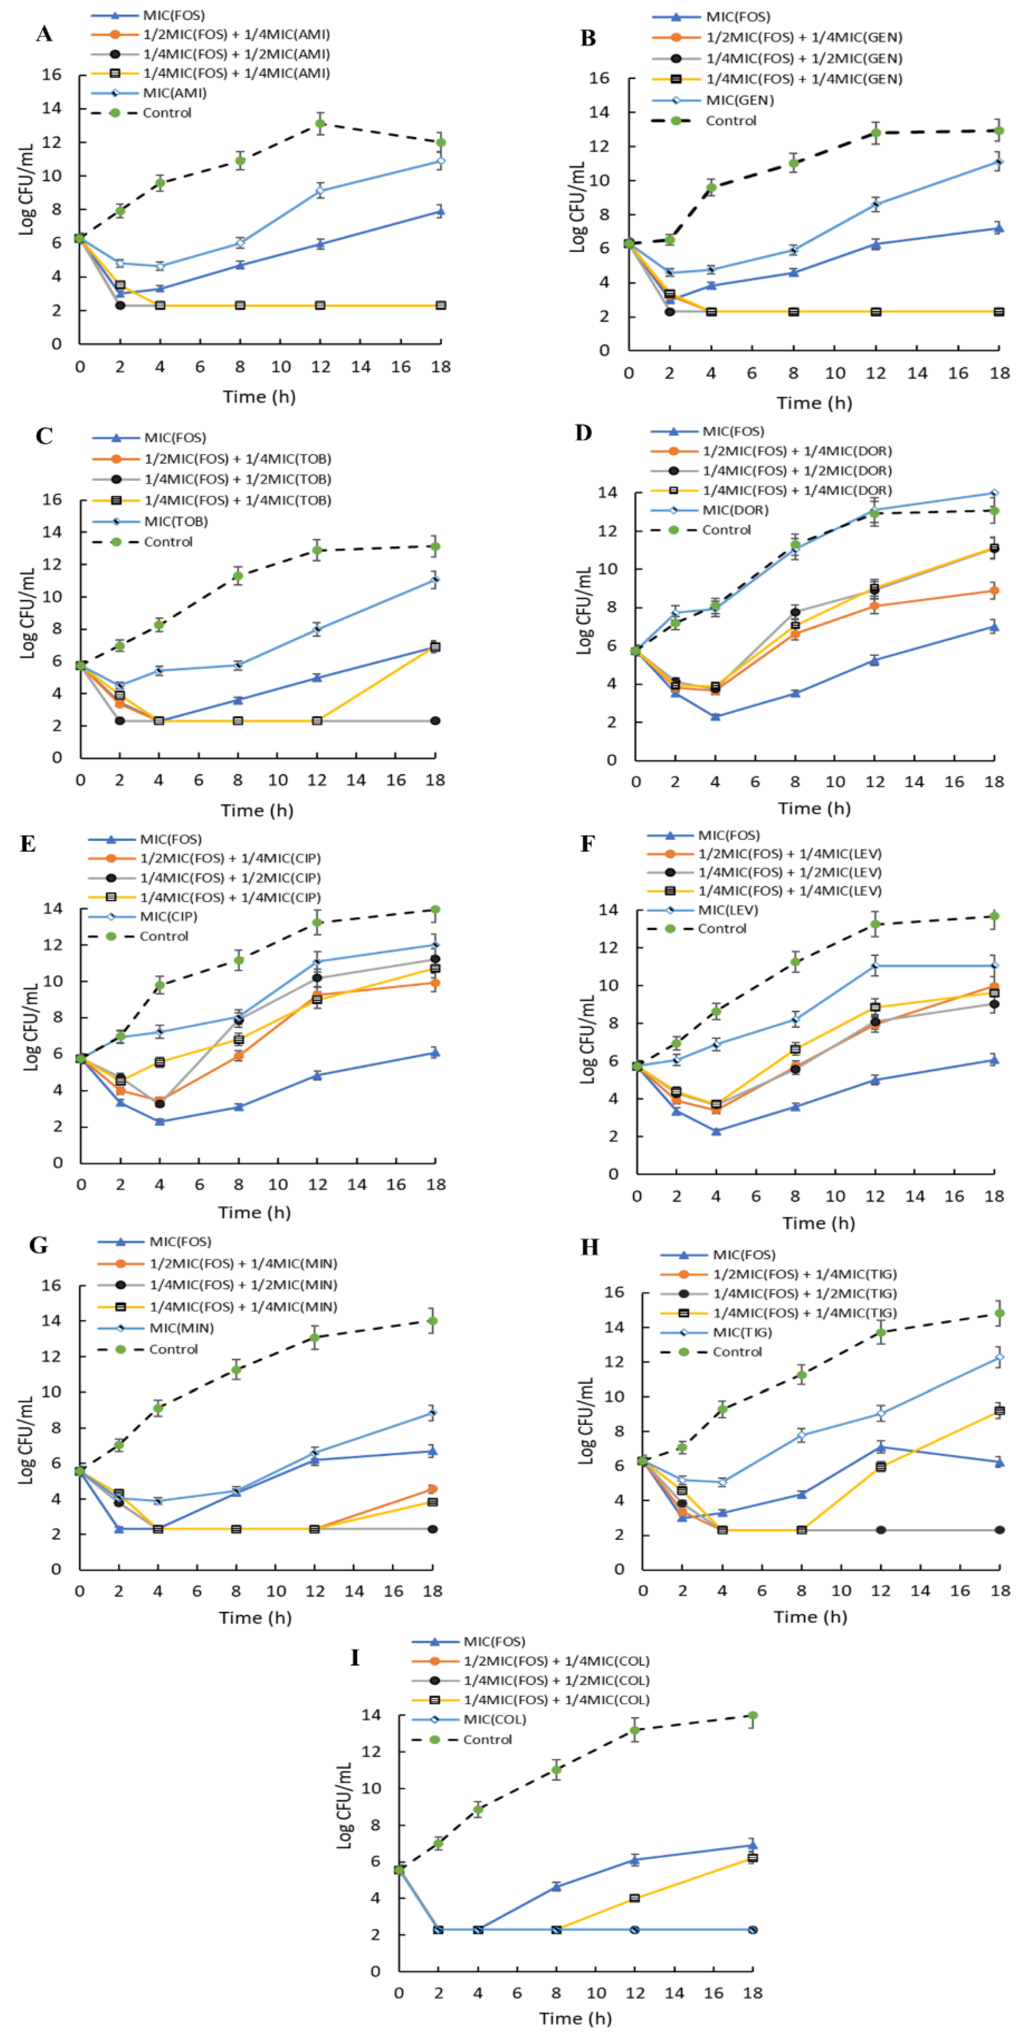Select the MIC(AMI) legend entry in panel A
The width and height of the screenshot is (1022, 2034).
click(175, 93)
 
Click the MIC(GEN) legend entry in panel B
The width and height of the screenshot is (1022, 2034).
click(740, 100)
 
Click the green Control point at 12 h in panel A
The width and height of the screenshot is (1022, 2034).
click(320, 123)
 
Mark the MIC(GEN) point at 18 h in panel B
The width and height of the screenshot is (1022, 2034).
click(999, 162)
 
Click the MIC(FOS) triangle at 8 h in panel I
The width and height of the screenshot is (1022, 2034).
click(556, 1886)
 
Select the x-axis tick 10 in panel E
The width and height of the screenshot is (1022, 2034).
click(278, 1184)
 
